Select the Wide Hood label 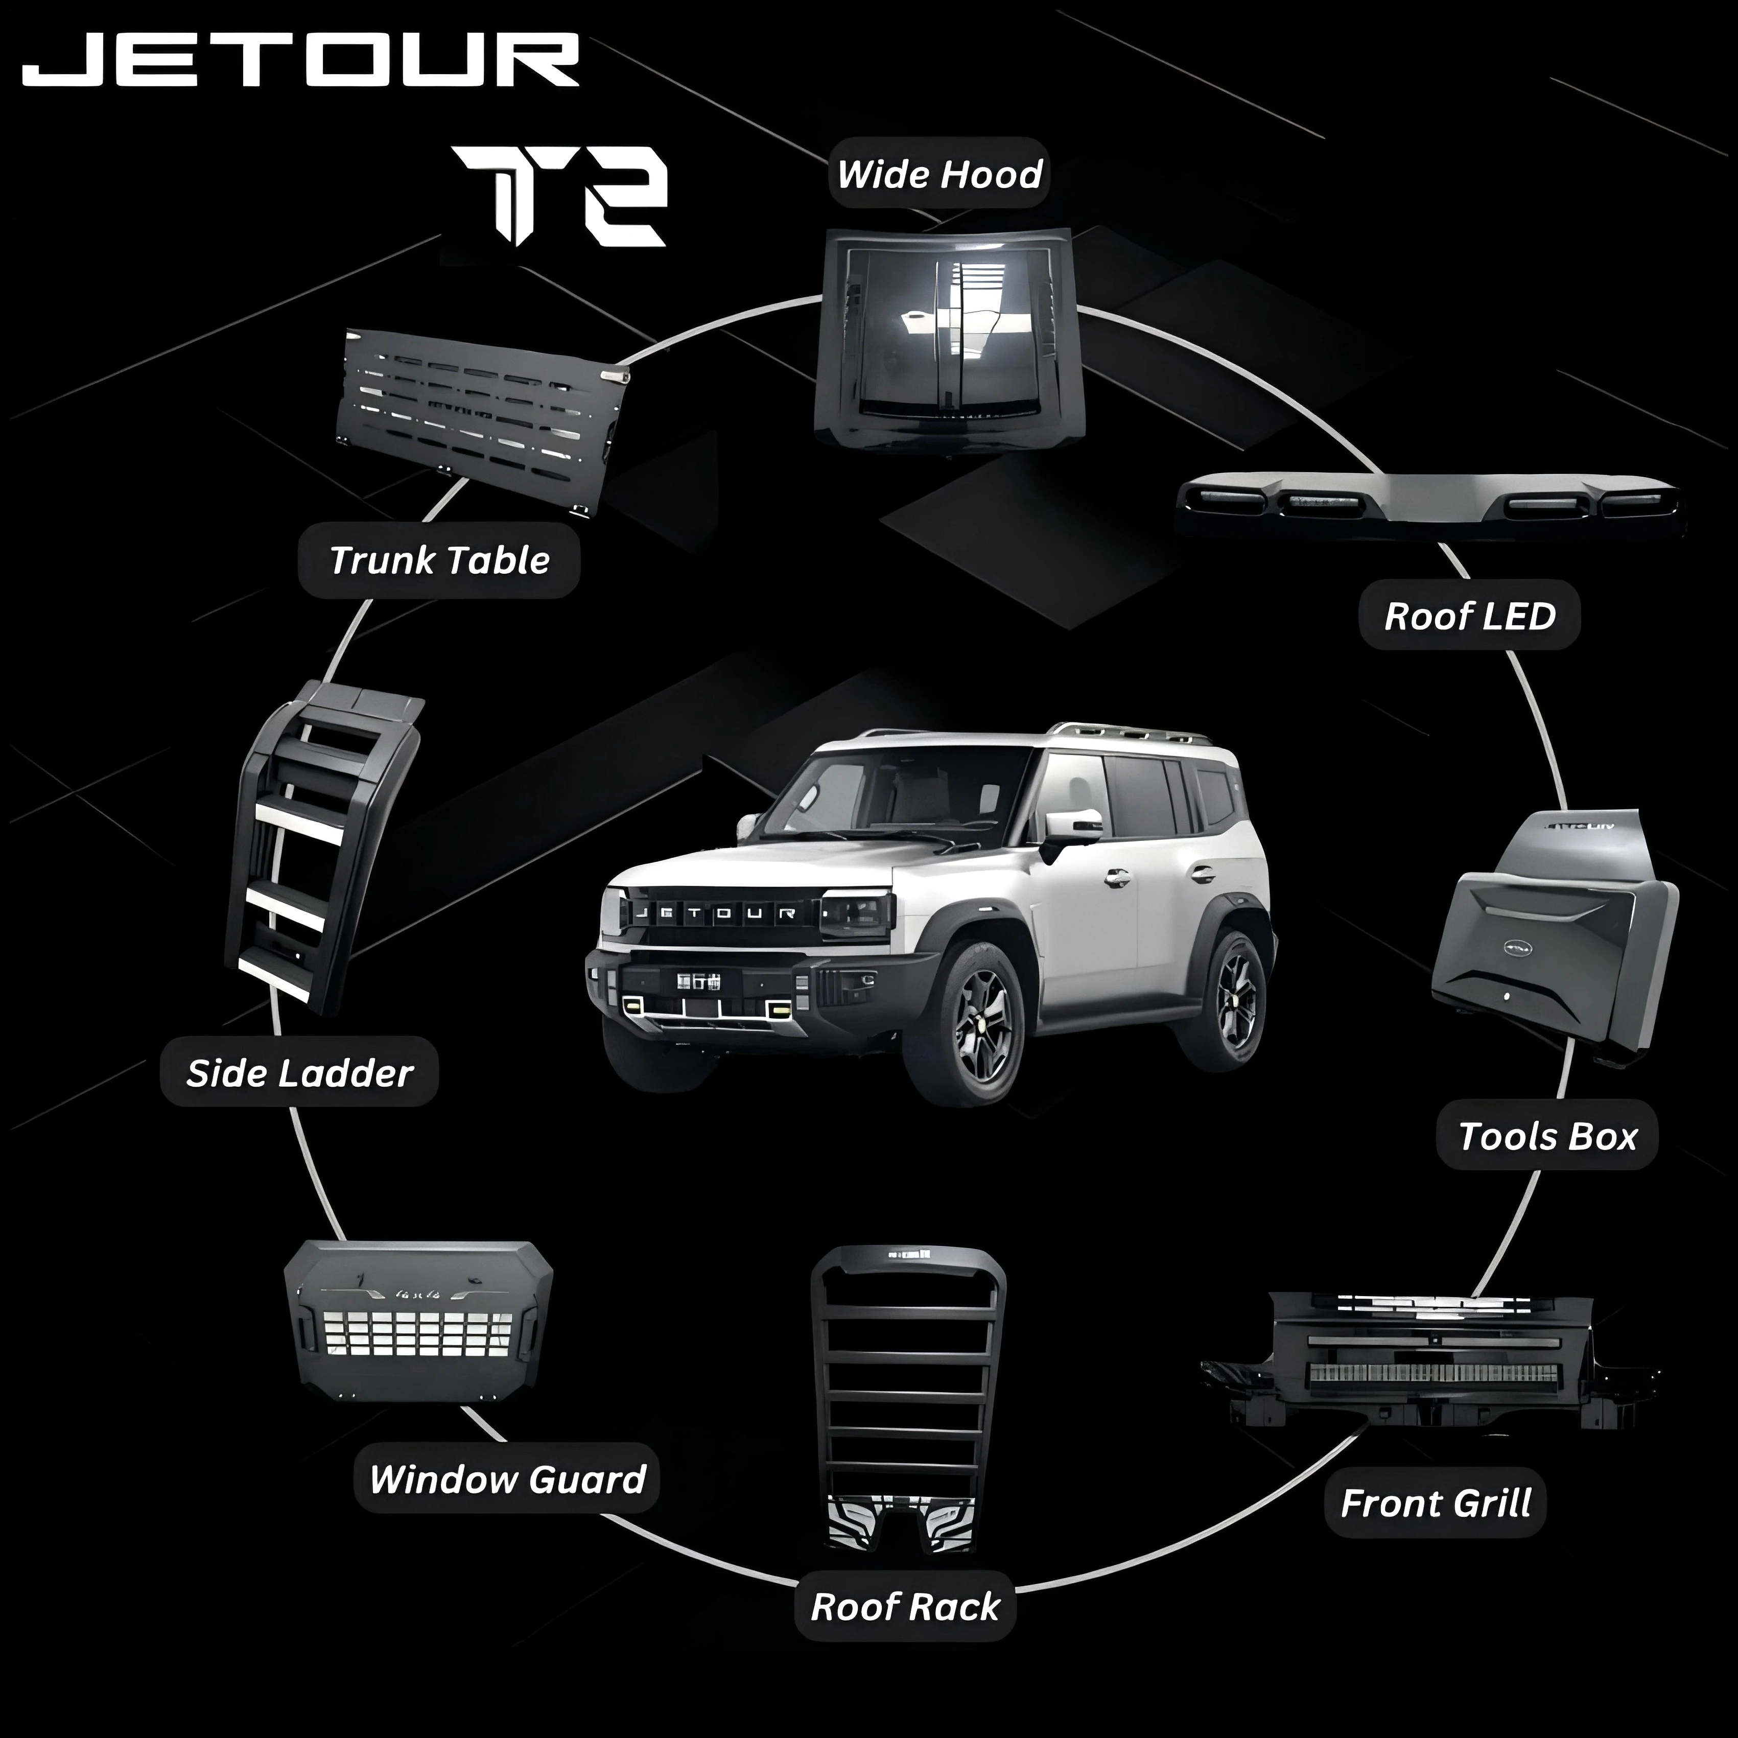(x=939, y=174)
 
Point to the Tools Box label (x=1546, y=1136)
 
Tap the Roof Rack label (x=905, y=1607)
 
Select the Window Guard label (x=507, y=1480)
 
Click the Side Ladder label (x=299, y=1073)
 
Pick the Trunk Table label (x=439, y=560)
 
